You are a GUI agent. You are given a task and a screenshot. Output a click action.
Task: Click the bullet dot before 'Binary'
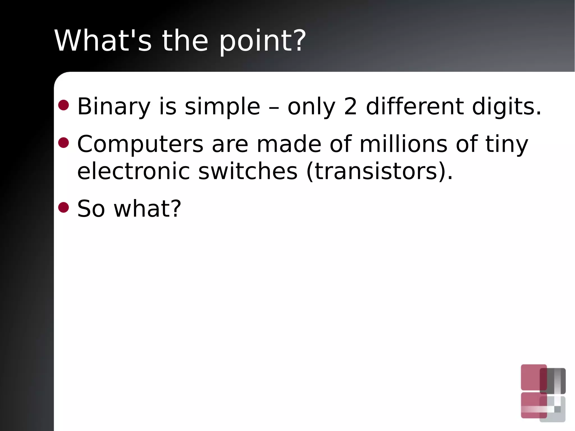click(x=63, y=105)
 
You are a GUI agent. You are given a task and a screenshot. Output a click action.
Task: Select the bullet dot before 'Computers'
click(x=63, y=142)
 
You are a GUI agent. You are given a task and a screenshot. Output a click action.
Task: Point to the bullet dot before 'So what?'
click(x=63, y=207)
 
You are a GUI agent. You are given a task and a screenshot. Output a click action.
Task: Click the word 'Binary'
click(x=114, y=107)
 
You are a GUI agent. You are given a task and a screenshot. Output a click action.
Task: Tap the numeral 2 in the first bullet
click(x=350, y=106)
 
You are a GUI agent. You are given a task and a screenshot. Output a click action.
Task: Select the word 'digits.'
click(x=506, y=107)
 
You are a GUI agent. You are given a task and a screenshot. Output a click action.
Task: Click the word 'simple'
click(x=222, y=107)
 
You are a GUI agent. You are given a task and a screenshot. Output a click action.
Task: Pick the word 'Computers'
click(x=140, y=144)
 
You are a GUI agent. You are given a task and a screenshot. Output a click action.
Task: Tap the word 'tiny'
click(x=506, y=144)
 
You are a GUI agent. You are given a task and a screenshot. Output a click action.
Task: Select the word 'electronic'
click(x=133, y=171)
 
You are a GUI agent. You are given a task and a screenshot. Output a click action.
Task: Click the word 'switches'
click(x=248, y=171)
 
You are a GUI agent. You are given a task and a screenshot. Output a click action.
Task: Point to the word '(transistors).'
click(x=379, y=171)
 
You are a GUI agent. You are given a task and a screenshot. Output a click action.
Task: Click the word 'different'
click(x=415, y=106)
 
